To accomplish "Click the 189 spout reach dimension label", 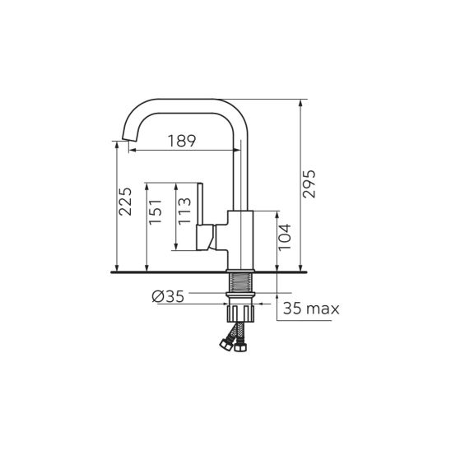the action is coord(182,141).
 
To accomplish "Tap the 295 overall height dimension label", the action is coord(309,184).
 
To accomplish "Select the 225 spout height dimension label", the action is coord(125,202).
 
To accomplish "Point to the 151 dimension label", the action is coord(155,212).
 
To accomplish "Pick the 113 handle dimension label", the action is coord(184,212).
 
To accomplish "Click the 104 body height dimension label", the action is coord(285,237).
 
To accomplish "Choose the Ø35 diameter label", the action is coord(168,296).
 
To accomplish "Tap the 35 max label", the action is coord(311,309).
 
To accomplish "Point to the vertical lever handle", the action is coord(200,203).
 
